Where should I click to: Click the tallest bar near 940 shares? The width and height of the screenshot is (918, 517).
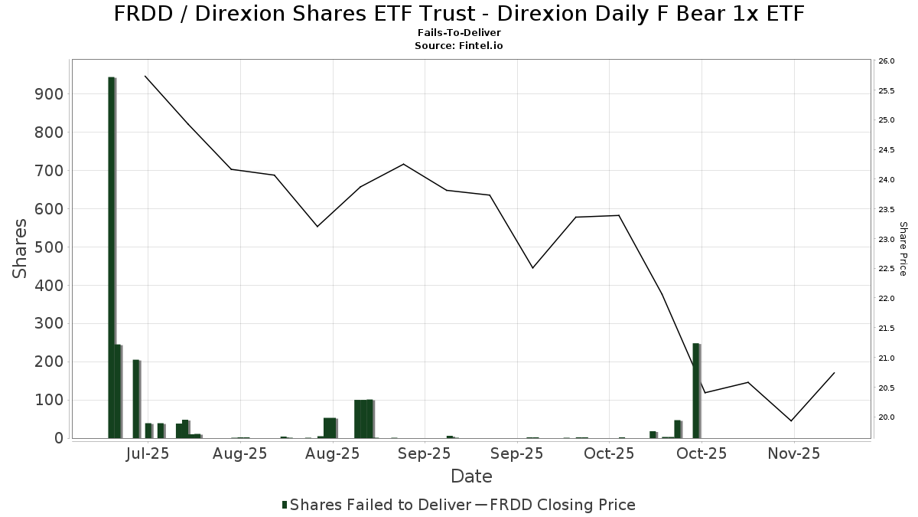[111, 257]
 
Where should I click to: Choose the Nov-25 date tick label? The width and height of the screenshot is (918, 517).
[795, 453]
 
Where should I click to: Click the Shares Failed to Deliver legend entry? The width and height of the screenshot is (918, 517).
[376, 505]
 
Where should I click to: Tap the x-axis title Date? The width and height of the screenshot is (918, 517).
[471, 476]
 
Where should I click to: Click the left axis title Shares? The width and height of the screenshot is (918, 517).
[21, 249]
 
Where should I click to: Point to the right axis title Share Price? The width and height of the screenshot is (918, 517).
[903, 249]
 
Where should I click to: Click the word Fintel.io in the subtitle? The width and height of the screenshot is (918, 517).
[480, 45]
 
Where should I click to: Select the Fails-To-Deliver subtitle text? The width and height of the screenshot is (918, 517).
[459, 34]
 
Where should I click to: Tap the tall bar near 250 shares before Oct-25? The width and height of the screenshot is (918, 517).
[696, 391]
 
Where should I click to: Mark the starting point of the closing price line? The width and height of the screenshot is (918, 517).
[145, 76]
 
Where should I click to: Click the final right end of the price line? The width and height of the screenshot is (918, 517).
[835, 372]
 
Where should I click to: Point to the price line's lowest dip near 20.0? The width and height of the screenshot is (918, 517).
[791, 420]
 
